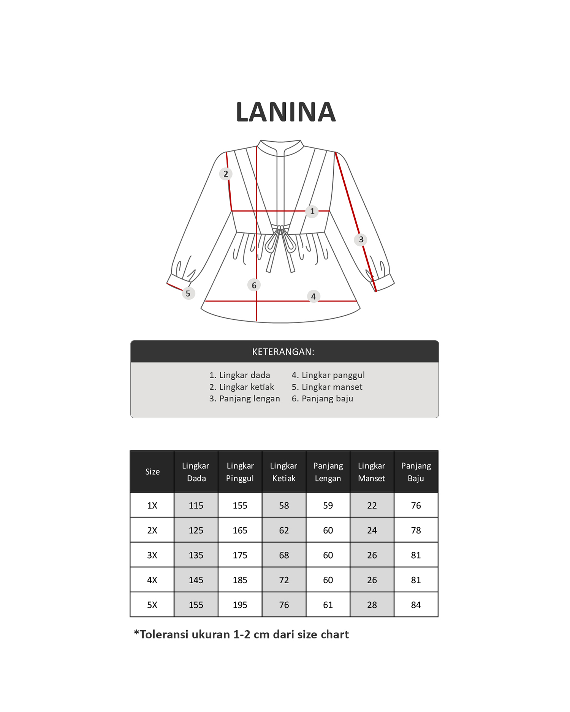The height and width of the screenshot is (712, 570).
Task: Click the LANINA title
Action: (x=286, y=112)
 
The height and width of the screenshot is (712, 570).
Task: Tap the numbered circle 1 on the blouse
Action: (x=312, y=211)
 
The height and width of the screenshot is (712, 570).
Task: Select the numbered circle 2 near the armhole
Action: (x=226, y=174)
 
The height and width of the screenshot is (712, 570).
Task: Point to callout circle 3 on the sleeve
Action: (x=361, y=240)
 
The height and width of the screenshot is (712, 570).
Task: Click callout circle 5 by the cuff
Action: (x=188, y=294)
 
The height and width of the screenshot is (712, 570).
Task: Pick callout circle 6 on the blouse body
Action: (x=254, y=285)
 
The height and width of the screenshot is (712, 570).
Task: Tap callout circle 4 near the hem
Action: (x=313, y=296)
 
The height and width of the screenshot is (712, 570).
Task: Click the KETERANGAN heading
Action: (x=283, y=352)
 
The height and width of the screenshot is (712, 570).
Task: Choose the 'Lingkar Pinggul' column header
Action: (x=240, y=472)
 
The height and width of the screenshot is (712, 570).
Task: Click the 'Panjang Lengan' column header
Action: (x=328, y=472)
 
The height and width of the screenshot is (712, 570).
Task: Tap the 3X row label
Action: (x=152, y=555)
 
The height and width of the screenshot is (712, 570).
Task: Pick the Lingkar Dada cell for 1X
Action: (x=196, y=505)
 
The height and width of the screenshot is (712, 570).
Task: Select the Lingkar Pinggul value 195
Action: (x=240, y=605)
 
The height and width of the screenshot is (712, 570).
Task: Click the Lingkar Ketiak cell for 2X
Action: (x=284, y=530)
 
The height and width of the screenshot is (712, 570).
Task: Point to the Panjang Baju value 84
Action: (x=416, y=605)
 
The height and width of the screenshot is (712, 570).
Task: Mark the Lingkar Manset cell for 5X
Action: (x=372, y=605)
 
